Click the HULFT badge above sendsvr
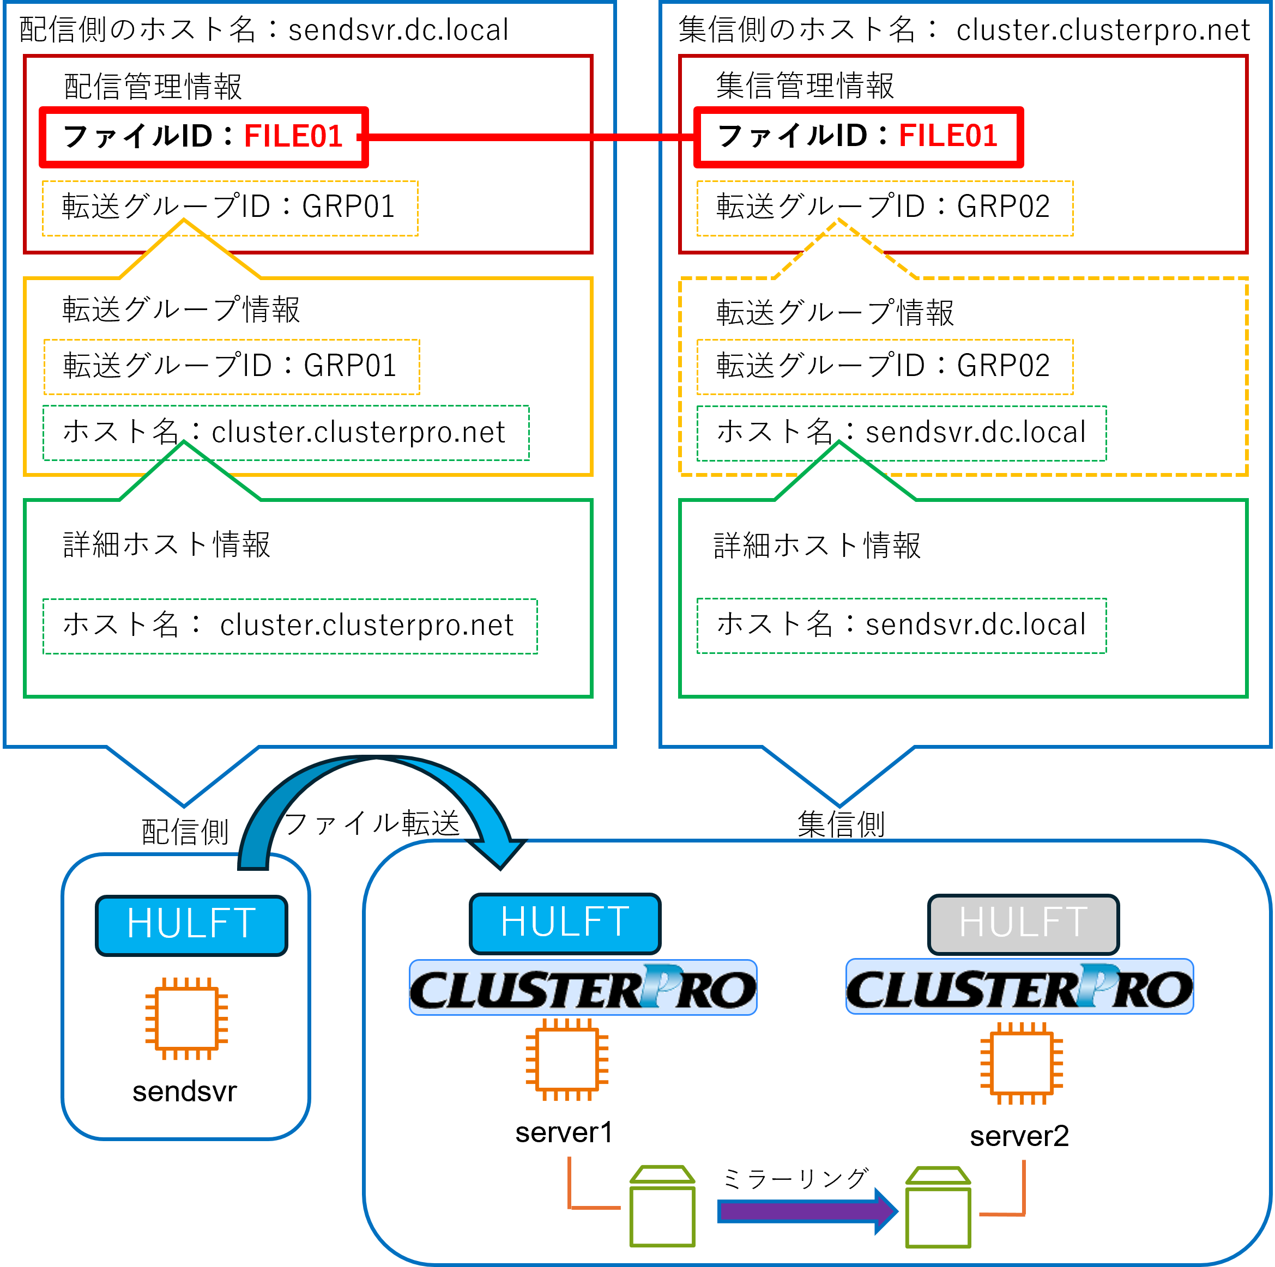191,925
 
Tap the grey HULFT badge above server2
1023,924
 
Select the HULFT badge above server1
565,923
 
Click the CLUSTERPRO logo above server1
583,988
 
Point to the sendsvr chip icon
187,1018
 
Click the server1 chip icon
567,1060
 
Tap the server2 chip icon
1022,1063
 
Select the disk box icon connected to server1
663,1208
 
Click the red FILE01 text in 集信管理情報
948,136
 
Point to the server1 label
564,1132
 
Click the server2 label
1019,1136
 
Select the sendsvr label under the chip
184,1092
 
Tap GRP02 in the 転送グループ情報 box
1003,366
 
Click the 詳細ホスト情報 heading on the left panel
166,545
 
